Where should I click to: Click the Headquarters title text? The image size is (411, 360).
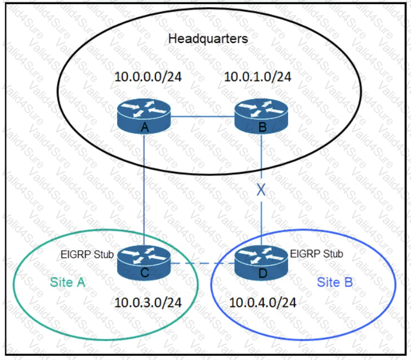click(x=208, y=39)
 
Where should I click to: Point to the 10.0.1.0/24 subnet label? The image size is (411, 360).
click(x=258, y=78)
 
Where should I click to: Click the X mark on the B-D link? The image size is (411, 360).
click(x=261, y=191)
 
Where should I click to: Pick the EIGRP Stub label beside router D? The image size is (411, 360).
click(x=317, y=253)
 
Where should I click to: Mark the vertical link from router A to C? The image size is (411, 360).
click(x=145, y=191)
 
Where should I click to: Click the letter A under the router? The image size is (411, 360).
click(x=145, y=127)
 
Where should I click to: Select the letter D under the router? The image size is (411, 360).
click(x=261, y=273)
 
